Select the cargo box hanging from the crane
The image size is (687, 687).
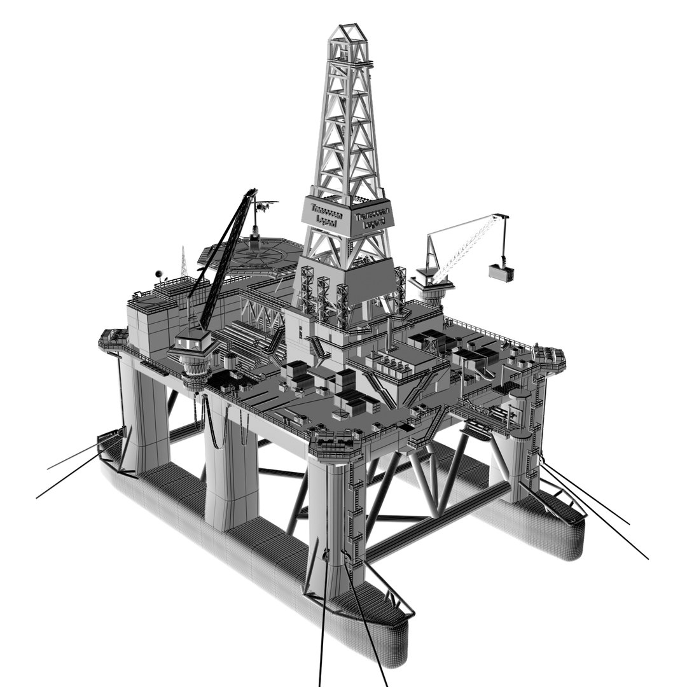pyautogui.click(x=501, y=272)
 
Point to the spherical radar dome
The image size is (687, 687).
pyautogui.click(x=158, y=274)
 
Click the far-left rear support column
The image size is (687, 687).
pyautogui.click(x=143, y=413)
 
